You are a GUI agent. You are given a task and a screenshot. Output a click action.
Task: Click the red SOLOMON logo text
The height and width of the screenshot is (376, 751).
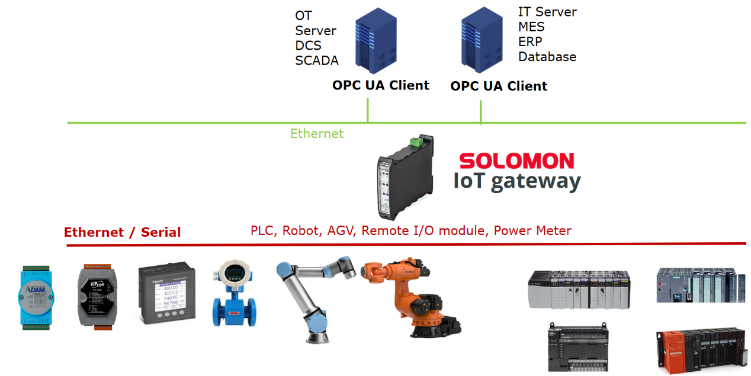516,161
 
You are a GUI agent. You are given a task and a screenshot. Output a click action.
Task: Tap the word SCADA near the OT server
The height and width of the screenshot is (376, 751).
317,60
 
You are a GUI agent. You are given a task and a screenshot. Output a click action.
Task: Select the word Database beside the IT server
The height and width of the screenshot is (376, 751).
547,57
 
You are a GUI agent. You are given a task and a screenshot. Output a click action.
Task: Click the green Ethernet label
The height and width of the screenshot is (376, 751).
316,134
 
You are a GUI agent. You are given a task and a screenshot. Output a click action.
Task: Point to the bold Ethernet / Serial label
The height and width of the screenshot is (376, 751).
122,232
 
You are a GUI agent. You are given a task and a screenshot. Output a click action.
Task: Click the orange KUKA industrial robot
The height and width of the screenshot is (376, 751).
409,296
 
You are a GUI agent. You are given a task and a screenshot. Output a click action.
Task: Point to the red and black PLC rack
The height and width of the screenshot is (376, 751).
699,349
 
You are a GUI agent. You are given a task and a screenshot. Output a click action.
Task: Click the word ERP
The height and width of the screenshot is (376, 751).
530,42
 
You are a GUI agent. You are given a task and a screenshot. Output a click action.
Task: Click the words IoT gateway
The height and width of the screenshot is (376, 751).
517,181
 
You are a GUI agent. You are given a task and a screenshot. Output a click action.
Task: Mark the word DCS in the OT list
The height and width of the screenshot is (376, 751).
308,46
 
